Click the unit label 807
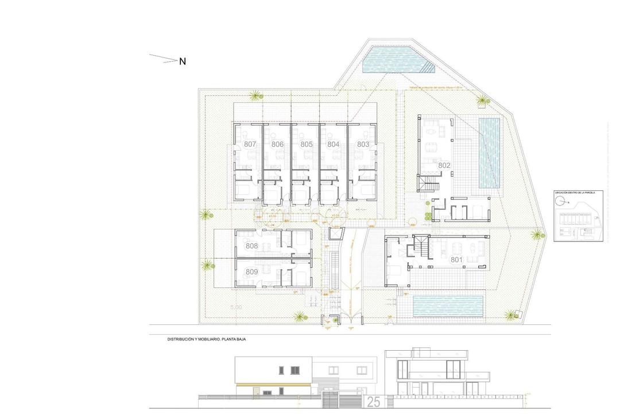250,144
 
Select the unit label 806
278,144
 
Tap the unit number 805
306,144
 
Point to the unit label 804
334,144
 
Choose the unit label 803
363,144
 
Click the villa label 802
444,166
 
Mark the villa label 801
456,259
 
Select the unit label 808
251,246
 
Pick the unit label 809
251,271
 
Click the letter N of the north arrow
183,62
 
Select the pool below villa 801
447,306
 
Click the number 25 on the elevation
373,402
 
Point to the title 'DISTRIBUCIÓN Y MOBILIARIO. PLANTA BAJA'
207,340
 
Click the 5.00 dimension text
236,308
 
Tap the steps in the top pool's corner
427,68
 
